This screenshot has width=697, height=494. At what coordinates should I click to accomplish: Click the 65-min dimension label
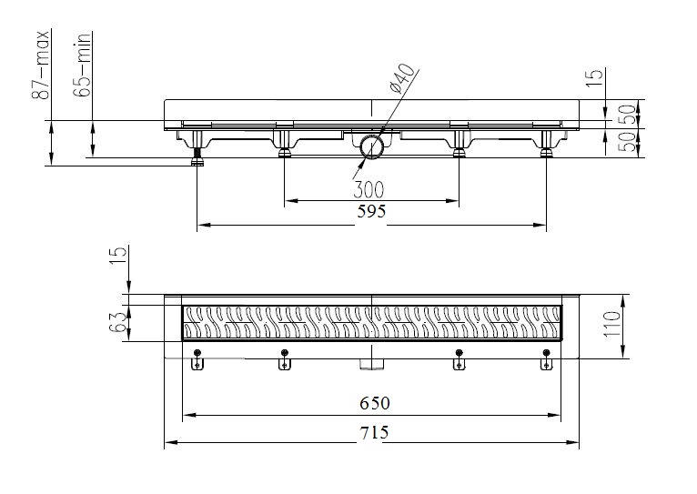point(85,63)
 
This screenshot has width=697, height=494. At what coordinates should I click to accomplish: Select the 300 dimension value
point(369,189)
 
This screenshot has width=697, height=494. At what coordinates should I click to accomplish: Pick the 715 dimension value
point(373,432)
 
